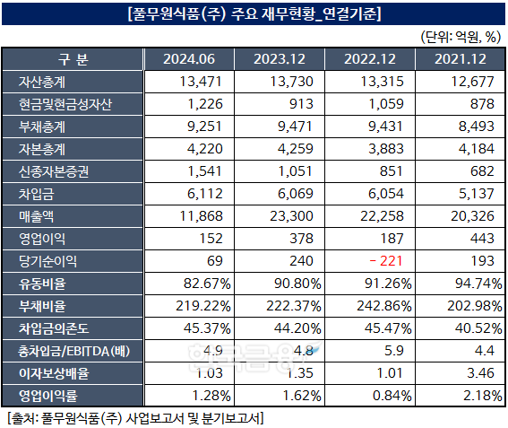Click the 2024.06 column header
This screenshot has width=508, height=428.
point(189,59)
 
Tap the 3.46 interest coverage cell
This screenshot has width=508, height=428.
point(480,371)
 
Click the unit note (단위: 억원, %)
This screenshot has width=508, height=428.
point(459,37)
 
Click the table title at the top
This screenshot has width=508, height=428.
point(254,13)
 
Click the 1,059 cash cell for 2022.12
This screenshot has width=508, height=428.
point(383,104)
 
